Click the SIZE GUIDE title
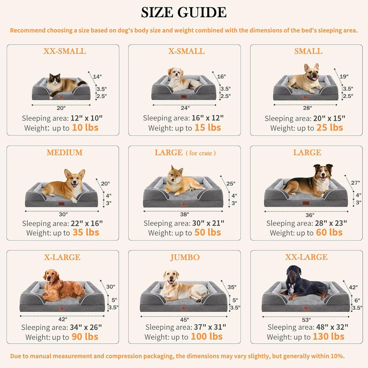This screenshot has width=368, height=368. click(x=184, y=13)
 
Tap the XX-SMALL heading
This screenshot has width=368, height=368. click(x=65, y=51)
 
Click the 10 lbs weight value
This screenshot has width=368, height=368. click(x=85, y=128)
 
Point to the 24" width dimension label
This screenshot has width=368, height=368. click(x=185, y=107)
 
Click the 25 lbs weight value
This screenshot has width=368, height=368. click(x=330, y=128)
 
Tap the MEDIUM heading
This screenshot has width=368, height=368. click(x=64, y=153)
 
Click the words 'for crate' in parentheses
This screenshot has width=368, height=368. click(x=201, y=153)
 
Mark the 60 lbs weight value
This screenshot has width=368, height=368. click(x=329, y=233)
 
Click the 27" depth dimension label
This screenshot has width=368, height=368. click(x=355, y=183)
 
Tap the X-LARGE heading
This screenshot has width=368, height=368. click(x=62, y=258)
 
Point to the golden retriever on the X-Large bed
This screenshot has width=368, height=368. click(x=61, y=286)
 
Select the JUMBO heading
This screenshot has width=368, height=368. click(x=185, y=258)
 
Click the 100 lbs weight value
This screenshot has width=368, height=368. click(x=207, y=337)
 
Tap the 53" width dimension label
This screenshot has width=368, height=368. click(x=307, y=319)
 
